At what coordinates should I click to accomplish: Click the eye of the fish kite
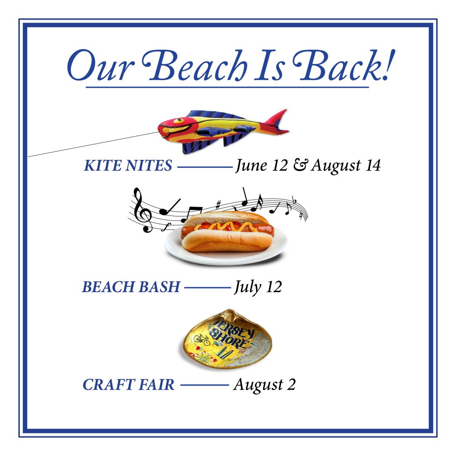tap(178, 120)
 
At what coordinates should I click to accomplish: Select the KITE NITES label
tap(128, 166)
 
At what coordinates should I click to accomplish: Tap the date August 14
tap(346, 166)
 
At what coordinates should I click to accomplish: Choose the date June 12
tap(261, 166)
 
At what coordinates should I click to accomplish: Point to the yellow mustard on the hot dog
tap(225, 226)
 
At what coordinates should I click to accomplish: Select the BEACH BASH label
tap(131, 287)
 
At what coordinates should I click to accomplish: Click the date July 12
tap(258, 287)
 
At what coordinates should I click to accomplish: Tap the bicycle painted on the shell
tap(202, 339)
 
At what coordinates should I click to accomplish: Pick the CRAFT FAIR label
tap(129, 385)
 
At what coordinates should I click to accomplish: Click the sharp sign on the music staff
tap(218, 204)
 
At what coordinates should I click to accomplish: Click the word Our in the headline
tap(101, 66)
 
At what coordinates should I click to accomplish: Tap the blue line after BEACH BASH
tap(208, 288)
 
